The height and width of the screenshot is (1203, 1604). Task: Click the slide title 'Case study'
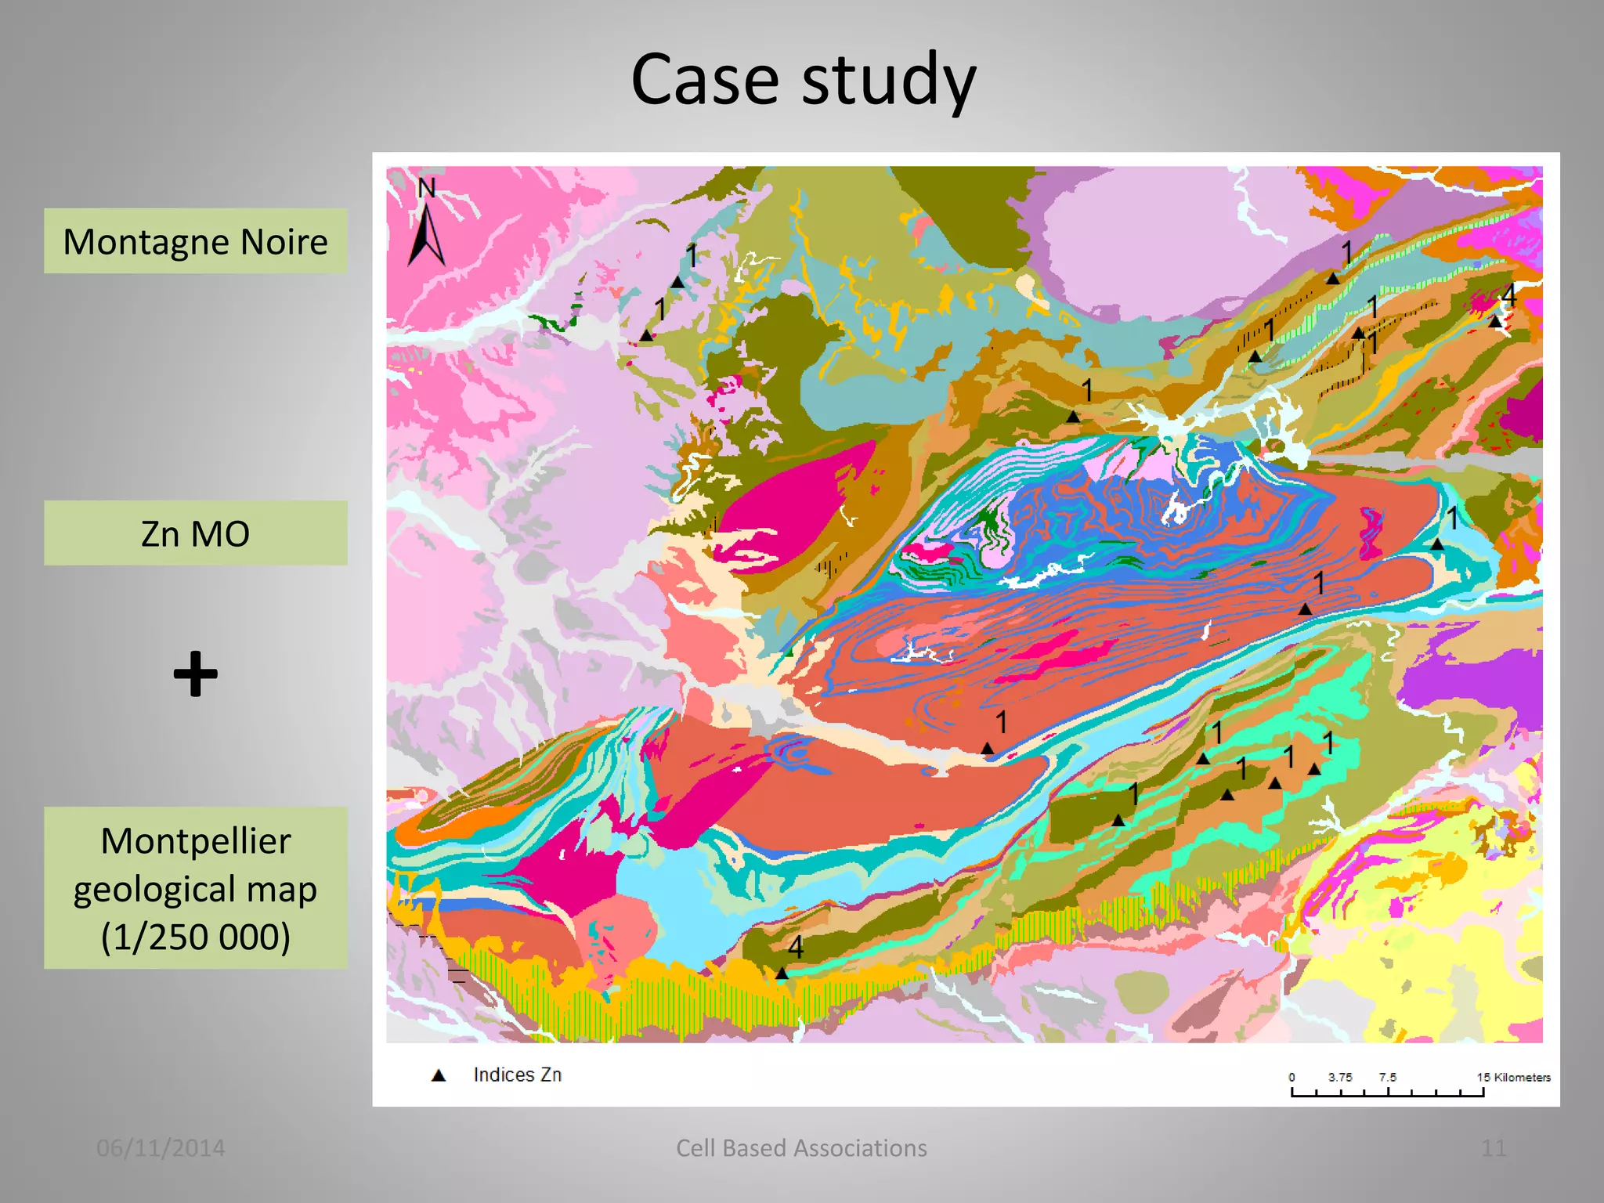tap(803, 80)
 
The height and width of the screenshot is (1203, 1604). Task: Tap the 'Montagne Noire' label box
tap(195, 241)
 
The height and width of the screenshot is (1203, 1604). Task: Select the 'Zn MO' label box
tap(195, 533)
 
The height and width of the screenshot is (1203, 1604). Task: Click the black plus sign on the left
tap(195, 674)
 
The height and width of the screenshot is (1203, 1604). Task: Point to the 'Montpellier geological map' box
tap(195, 887)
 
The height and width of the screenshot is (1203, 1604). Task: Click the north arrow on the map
tap(427, 233)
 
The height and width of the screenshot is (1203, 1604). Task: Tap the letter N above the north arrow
tap(426, 188)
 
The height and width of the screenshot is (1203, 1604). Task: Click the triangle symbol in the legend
tap(439, 1075)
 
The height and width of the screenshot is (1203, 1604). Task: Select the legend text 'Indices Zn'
tap(517, 1075)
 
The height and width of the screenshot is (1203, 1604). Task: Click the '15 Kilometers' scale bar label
tap(1513, 1077)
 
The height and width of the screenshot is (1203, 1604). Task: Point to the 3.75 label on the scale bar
tap(1339, 1077)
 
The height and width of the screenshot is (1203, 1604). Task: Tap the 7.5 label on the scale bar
tap(1387, 1077)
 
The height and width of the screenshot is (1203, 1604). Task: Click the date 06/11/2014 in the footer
tap(161, 1147)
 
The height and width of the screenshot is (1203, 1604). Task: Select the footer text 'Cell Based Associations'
tap(801, 1147)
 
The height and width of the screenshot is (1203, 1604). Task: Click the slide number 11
tap(1493, 1147)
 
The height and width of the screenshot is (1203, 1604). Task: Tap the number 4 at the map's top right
tap(1508, 296)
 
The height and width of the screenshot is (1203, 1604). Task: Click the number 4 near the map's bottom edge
tap(795, 947)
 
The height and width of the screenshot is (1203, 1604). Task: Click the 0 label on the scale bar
tap(1292, 1077)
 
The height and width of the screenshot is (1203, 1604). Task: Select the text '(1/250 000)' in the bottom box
tap(195, 937)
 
